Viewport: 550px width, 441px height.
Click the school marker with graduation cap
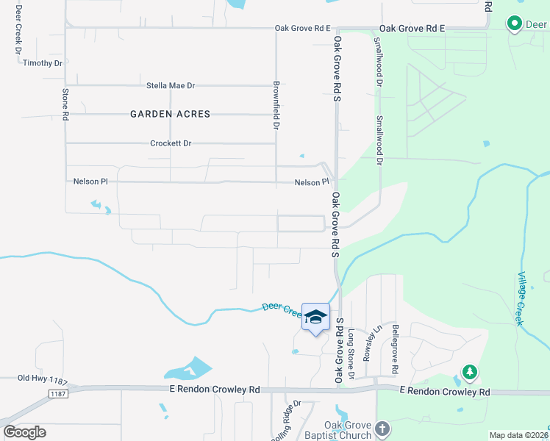click(x=315, y=317)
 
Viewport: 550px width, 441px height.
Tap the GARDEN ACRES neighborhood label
click(x=170, y=114)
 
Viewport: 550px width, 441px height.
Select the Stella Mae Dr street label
click(x=171, y=85)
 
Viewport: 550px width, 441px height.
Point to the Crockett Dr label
click(x=171, y=143)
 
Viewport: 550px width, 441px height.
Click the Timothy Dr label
click(x=43, y=63)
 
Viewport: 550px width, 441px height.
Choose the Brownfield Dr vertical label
click(x=276, y=106)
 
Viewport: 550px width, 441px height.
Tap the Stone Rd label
click(x=65, y=104)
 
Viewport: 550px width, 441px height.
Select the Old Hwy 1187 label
click(x=43, y=379)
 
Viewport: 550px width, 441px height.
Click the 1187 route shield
click(x=58, y=395)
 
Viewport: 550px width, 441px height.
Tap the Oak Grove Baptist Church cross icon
click(x=382, y=428)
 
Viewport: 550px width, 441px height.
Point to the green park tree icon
click(x=469, y=372)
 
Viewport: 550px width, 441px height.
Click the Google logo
click(x=25, y=432)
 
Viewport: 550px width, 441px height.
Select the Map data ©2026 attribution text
click(x=519, y=435)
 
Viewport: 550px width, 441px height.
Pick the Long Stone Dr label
click(x=351, y=354)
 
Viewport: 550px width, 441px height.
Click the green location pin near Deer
click(x=515, y=24)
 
